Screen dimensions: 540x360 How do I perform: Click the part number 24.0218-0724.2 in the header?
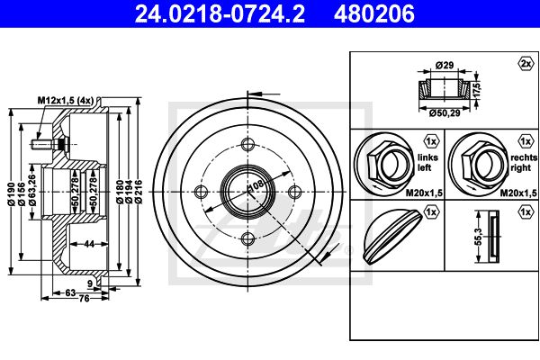220,14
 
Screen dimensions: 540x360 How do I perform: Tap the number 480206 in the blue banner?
374,14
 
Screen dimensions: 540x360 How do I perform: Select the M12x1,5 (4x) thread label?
66,100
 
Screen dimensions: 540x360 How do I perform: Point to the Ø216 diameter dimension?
139,192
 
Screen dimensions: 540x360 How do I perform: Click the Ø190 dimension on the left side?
11,194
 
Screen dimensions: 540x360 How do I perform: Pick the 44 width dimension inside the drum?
89,244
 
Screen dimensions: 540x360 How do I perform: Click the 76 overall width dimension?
84,298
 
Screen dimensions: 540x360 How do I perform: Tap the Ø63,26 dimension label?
32,190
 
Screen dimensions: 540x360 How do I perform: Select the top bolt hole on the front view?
247,144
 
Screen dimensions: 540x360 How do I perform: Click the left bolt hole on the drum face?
201,192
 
